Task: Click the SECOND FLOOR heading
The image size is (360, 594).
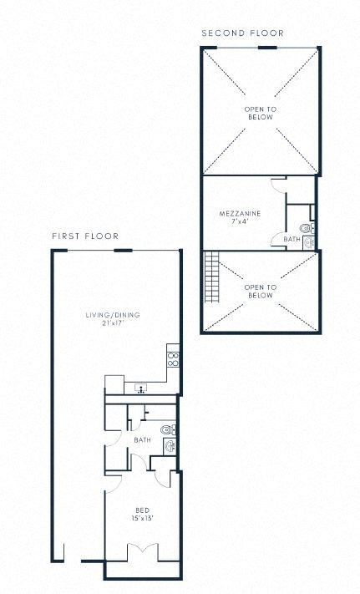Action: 242,33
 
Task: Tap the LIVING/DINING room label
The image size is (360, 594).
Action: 112,314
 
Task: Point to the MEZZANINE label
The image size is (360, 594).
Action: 241,214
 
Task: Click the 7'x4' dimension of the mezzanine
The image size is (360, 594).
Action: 241,222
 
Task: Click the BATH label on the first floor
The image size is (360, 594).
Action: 142,439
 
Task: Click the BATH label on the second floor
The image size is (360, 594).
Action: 291,239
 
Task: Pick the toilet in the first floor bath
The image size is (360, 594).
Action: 167,429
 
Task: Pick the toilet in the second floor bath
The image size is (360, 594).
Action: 306,227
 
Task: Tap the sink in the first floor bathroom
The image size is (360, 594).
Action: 170,445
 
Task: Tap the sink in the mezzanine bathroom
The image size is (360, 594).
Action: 308,241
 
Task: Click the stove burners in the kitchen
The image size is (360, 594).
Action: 174,359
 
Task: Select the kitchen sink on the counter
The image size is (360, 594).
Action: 141,388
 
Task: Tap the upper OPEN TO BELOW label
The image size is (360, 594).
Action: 259,113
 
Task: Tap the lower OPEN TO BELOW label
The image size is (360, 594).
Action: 259,291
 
